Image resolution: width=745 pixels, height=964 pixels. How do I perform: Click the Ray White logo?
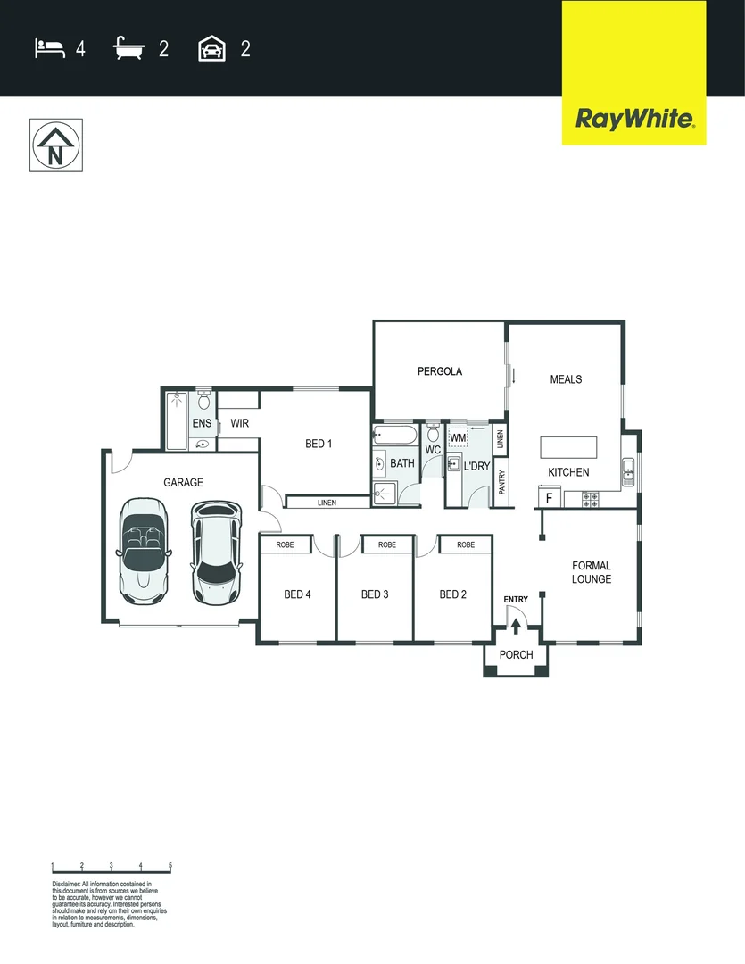[633, 119]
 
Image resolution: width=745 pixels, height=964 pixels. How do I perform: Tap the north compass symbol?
[55, 145]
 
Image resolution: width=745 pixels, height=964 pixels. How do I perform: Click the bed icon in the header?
[50, 48]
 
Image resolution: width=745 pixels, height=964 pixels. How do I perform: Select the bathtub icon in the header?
[129, 48]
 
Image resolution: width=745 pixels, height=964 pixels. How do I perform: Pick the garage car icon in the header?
[211, 48]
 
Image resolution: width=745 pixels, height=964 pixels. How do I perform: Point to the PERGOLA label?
[440, 371]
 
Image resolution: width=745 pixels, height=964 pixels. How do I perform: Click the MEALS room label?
[566, 379]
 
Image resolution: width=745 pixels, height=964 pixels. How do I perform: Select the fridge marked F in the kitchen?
[549, 498]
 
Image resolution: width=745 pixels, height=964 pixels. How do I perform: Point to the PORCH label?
[516, 655]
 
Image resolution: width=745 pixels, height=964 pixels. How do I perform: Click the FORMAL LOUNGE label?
[592, 572]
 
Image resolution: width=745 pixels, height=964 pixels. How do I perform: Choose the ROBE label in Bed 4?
[286, 544]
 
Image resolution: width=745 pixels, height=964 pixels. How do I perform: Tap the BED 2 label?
[453, 594]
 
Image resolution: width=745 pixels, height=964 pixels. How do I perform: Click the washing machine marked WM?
[459, 437]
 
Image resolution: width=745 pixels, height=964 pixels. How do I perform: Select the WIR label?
[239, 423]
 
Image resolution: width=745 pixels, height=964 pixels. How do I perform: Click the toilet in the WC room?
[434, 433]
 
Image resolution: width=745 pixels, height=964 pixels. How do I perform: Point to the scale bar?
[112, 868]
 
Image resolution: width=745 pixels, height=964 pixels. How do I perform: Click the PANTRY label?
[502, 482]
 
